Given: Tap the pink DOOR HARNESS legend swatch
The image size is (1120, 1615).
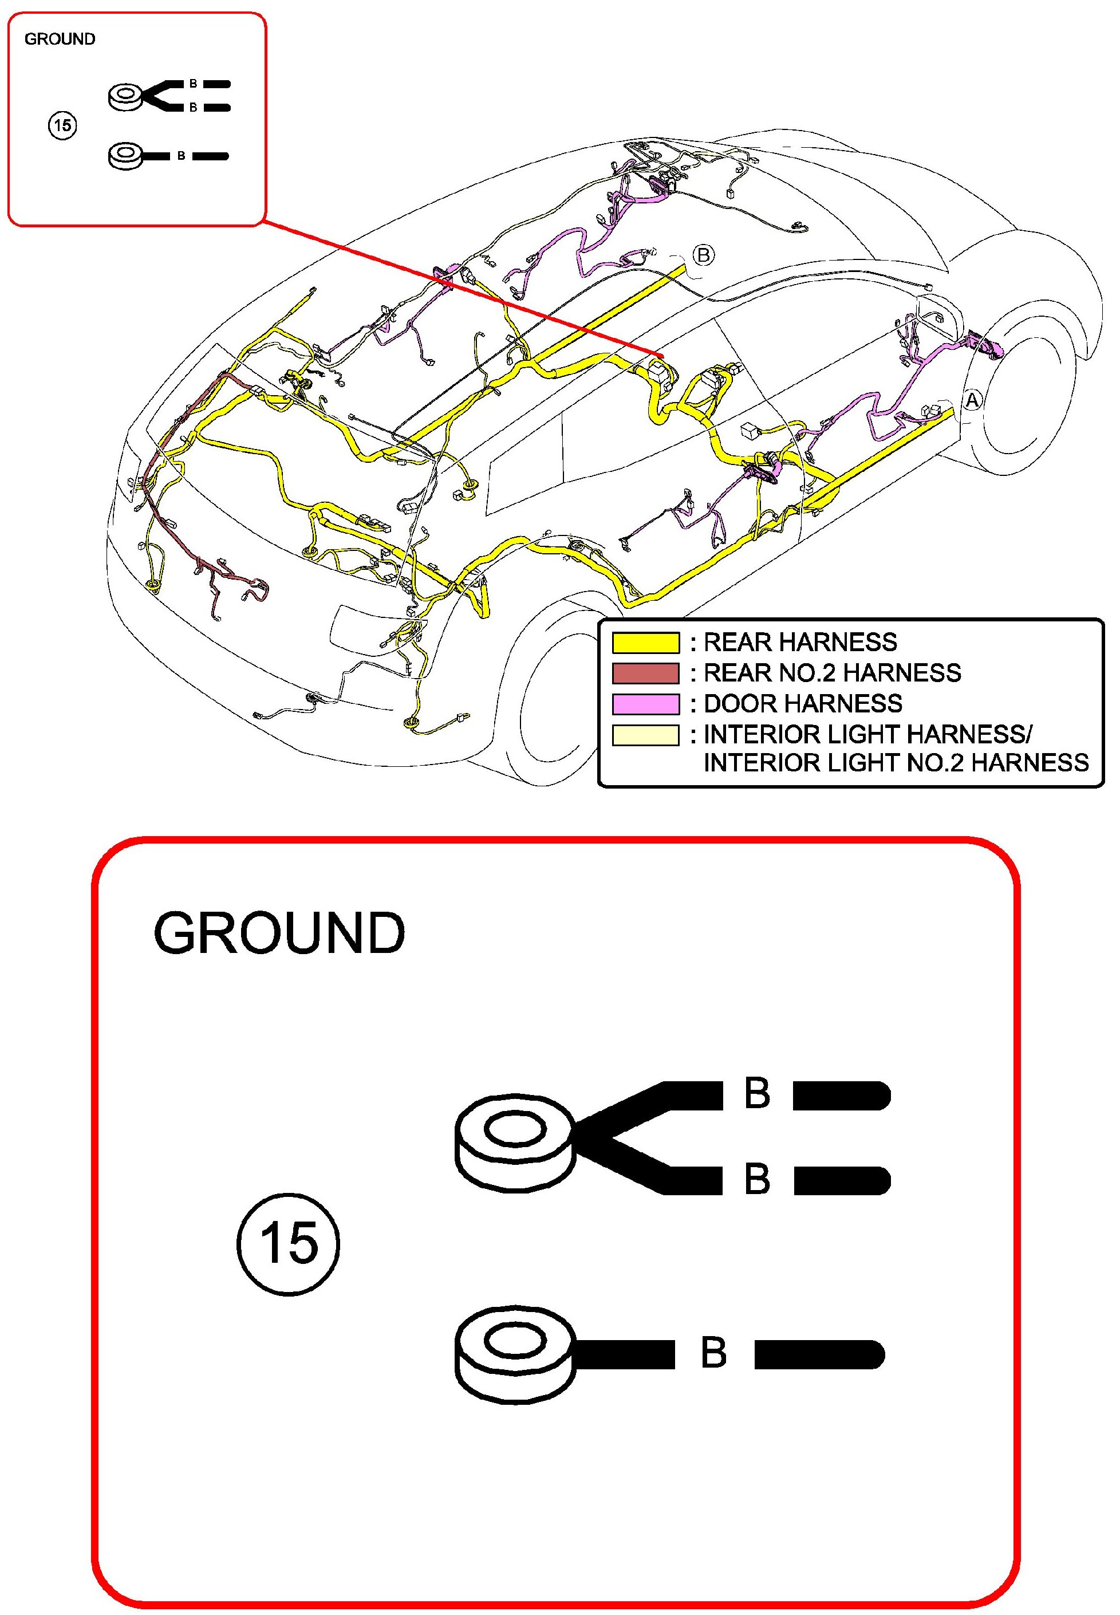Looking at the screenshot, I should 646,704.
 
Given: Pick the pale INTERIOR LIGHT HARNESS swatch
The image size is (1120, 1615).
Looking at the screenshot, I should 646,735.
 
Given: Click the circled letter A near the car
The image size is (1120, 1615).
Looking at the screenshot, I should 972,400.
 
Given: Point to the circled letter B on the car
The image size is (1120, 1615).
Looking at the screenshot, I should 704,255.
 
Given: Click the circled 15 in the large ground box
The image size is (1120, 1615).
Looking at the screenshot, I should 289,1244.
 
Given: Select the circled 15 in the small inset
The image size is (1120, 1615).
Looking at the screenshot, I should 62,125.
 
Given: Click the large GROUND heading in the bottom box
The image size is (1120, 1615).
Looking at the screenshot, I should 279,933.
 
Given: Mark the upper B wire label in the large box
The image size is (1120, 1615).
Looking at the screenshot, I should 757,1093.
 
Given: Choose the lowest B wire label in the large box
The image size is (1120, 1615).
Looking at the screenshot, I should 713,1353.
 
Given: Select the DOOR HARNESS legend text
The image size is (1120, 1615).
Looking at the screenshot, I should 803,704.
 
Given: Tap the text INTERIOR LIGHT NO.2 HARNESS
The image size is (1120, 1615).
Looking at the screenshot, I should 896,763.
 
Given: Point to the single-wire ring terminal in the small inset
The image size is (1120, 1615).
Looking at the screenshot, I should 127,156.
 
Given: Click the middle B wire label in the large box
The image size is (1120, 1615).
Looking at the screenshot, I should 757,1179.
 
